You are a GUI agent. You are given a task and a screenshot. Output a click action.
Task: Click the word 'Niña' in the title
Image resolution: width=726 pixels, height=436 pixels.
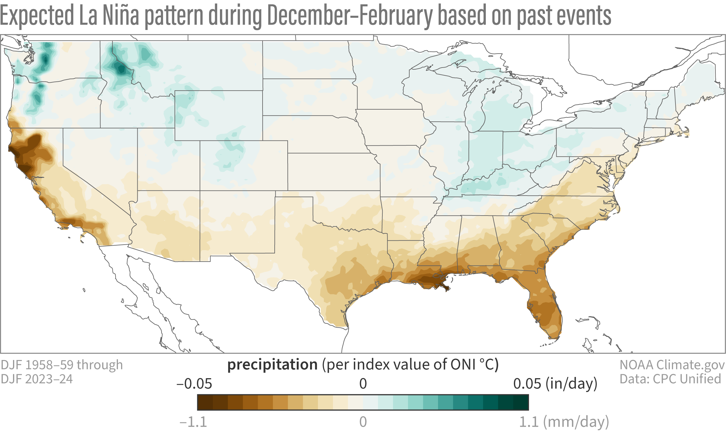coord(121,16)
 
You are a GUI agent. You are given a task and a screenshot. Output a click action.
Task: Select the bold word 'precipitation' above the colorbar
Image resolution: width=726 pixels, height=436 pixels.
coord(272,365)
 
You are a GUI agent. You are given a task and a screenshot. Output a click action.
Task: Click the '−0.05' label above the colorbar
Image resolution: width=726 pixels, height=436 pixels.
coord(195,384)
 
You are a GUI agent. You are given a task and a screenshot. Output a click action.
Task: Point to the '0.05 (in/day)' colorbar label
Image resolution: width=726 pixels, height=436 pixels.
coord(555,384)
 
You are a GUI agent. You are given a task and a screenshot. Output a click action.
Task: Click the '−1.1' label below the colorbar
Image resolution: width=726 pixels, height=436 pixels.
coord(193,422)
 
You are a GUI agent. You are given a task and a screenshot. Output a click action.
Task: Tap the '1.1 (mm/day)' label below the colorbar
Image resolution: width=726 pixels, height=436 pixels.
coord(564,422)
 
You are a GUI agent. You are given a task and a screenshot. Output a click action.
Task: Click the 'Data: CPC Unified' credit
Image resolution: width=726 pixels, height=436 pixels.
coord(670,379)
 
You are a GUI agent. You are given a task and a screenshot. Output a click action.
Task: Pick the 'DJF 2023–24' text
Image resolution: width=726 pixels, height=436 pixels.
coord(37,379)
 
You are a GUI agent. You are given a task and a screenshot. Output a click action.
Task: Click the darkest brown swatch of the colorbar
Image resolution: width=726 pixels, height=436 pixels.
coord(205,402)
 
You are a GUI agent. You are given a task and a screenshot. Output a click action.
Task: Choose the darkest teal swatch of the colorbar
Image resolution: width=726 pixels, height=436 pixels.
coord(521,402)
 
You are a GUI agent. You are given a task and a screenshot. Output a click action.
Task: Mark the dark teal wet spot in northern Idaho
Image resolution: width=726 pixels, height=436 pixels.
coord(121,70)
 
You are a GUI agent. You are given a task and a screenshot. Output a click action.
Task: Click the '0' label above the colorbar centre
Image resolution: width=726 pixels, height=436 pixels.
coord(363,384)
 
